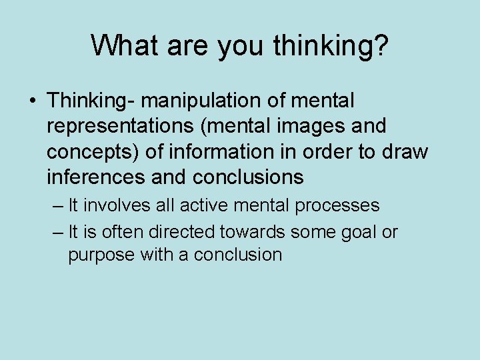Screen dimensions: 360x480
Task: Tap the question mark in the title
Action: (x=381, y=45)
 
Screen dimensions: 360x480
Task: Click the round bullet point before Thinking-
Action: (x=33, y=101)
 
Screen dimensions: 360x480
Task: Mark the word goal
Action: (x=362, y=232)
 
